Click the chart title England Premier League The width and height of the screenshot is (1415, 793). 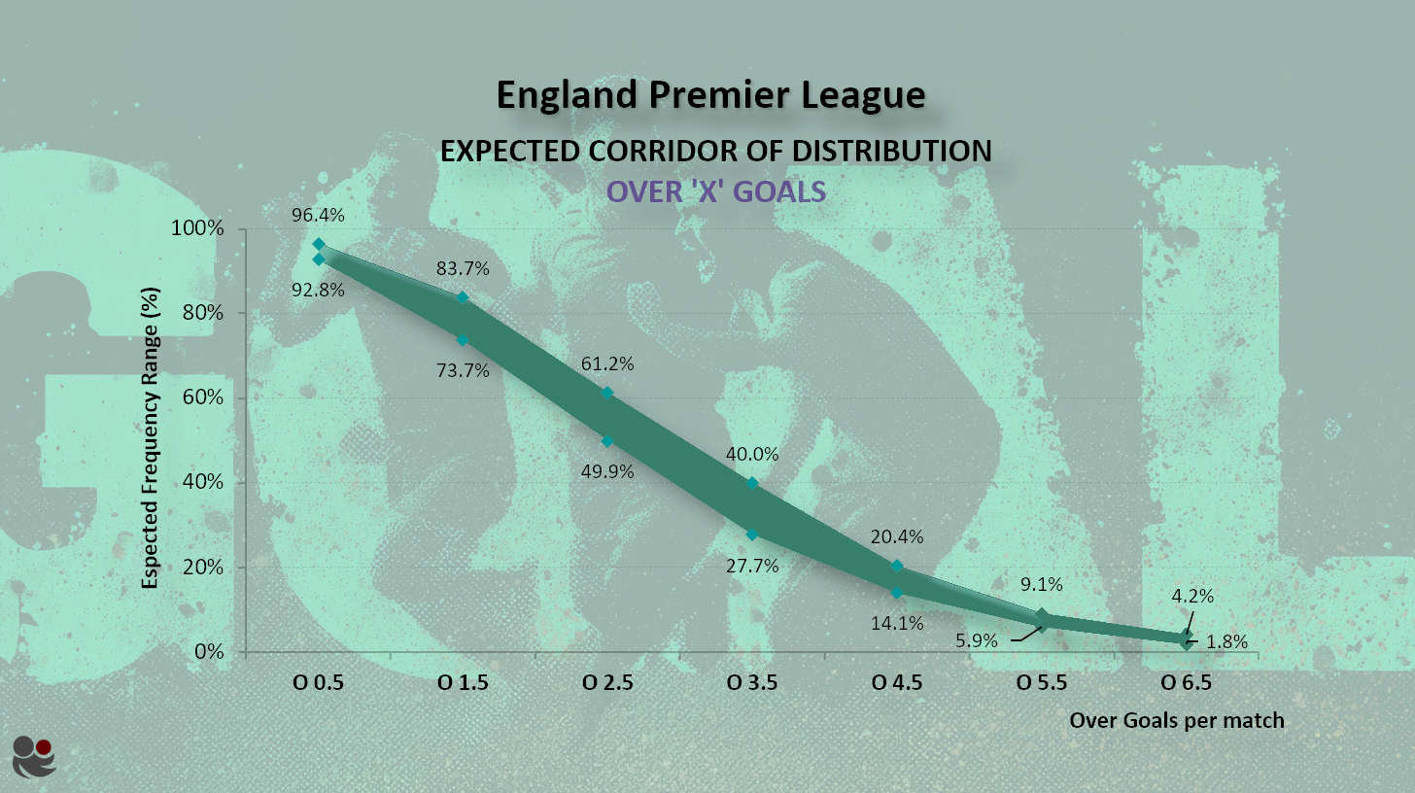[709, 95]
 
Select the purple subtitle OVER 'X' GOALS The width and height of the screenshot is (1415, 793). [716, 191]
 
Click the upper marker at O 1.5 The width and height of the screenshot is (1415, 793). [463, 297]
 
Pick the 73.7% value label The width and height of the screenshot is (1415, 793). [463, 369]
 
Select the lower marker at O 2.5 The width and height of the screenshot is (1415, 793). [607, 441]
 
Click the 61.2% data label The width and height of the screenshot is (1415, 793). [607, 363]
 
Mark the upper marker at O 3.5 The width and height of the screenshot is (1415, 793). [752, 483]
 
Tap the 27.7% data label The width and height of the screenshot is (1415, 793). [752, 565]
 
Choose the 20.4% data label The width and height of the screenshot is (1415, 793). [897, 536]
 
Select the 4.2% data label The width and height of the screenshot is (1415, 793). [1192, 596]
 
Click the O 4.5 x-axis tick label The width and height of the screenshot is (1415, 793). [897, 682]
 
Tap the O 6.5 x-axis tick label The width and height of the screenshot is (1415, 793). [1187, 682]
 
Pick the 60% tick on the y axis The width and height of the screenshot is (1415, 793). [202, 397]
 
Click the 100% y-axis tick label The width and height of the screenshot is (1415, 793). [199, 228]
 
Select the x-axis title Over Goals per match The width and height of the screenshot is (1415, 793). [1177, 720]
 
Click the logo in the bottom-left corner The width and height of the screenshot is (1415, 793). [34, 756]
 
